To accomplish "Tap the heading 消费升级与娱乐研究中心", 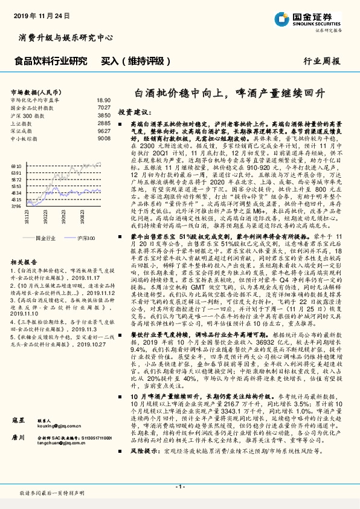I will coord(66,38).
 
